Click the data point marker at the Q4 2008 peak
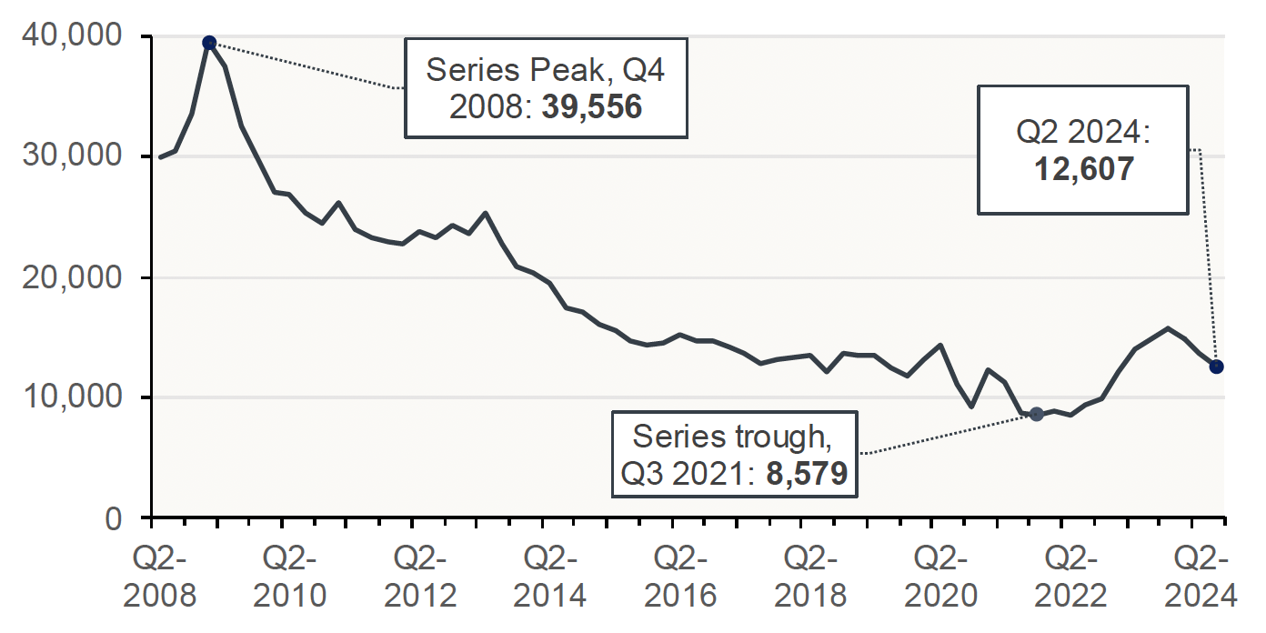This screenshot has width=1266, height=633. pos(209,43)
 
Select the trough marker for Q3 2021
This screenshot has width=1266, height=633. pos(1036,414)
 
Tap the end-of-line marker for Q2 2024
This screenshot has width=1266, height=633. pos(1216,367)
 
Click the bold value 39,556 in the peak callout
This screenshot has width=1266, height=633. pos(592,107)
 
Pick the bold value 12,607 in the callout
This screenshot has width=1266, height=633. pos(1083,169)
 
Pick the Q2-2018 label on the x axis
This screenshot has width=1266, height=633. pos(802,576)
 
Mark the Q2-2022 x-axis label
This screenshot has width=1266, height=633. pos(1062,576)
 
